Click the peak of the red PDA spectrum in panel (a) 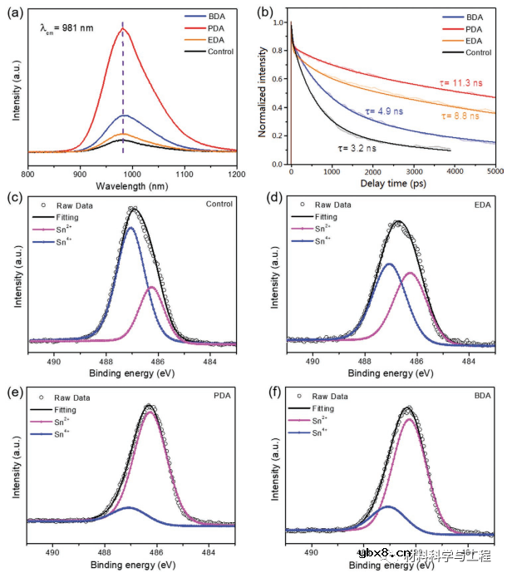click(123, 28)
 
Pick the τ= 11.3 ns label click(458, 84)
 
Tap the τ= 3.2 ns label click(357, 148)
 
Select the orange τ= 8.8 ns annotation click(460, 117)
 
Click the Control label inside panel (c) click(218, 204)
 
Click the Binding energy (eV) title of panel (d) click(390, 373)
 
